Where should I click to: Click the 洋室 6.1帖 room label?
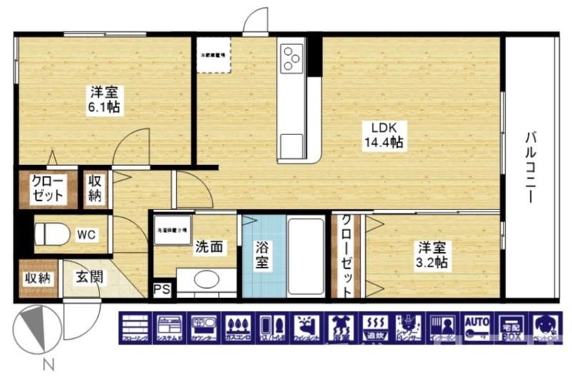[104, 99]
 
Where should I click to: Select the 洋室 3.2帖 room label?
[433, 255]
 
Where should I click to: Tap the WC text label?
[87, 234]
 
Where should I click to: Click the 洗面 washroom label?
[209, 248]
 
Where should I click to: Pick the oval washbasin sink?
[205, 279]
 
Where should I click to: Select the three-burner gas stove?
[292, 58]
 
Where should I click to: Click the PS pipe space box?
[162, 290]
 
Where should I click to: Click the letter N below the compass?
[48, 364]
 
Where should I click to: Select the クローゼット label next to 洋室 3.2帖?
[347, 256]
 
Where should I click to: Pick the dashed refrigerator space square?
[213, 54]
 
